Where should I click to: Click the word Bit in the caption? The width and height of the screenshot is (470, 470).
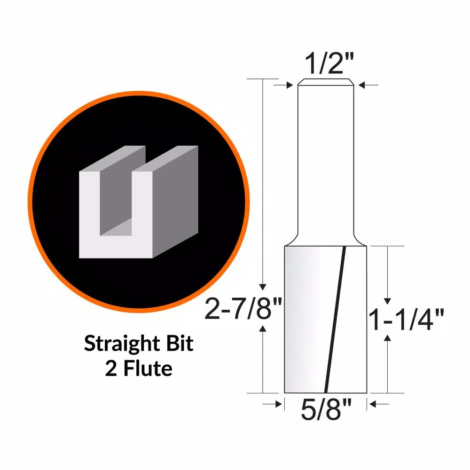tap(179, 344)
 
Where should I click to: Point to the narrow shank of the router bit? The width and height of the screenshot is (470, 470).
tap(325, 160)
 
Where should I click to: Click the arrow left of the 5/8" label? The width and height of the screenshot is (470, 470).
tap(273, 403)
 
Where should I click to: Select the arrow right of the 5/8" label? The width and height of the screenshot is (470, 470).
tap(380, 403)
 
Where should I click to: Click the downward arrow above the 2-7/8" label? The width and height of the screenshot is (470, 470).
tap(264, 282)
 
